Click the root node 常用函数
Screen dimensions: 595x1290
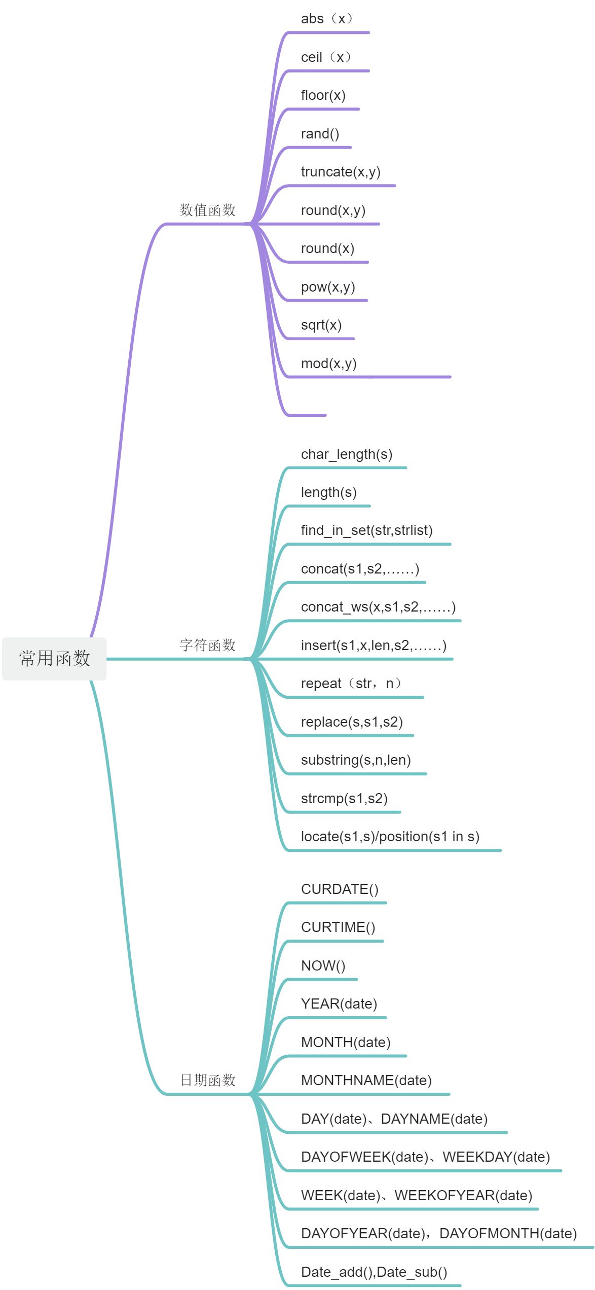(54, 658)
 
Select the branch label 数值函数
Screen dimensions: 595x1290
(208, 210)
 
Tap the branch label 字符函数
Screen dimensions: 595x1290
(208, 645)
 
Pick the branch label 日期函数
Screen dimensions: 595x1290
(208, 1080)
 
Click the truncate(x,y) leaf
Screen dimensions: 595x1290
(341, 172)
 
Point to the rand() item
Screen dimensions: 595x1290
(320, 134)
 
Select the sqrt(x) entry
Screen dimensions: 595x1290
(321, 325)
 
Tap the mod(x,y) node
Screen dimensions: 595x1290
(329, 364)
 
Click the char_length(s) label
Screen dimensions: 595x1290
(347, 454)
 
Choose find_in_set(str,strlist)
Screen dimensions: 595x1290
(366, 530)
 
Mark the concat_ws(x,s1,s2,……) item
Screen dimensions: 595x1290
(378, 607)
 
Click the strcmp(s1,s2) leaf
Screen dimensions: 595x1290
(344, 799)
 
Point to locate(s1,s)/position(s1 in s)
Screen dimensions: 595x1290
(390, 837)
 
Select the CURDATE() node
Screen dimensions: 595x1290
(340, 889)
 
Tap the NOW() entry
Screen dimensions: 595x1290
(323, 966)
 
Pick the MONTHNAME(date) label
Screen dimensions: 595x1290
(366, 1081)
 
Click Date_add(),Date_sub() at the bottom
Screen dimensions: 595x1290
(374, 1272)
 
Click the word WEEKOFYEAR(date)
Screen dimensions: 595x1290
(463, 1196)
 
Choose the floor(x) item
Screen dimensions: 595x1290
(323, 95)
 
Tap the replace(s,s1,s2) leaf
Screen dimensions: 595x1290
(352, 722)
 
